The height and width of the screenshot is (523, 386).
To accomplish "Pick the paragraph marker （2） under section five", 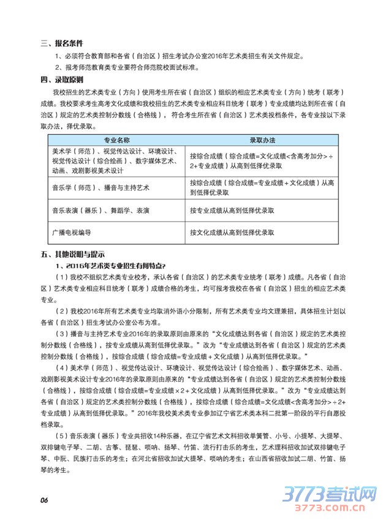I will click(63, 311).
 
